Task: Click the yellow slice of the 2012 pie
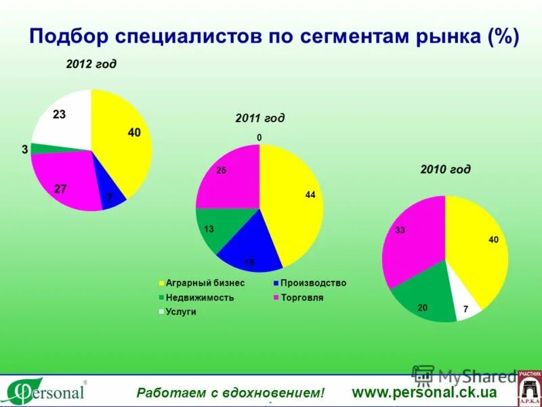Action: pos(122,142)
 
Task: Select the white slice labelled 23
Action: pos(64,122)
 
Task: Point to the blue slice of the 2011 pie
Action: pos(251,244)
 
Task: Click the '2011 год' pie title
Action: pos(259,118)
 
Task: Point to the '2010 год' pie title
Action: pos(445,169)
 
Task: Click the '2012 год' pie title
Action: pos(91,64)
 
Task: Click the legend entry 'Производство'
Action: pos(312,283)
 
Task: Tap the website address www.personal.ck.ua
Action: pos(424,392)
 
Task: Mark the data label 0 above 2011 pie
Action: pos(259,138)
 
